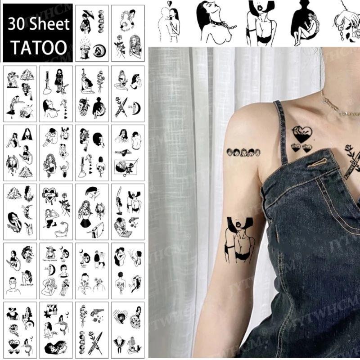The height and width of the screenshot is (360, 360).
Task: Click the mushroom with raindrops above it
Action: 85,49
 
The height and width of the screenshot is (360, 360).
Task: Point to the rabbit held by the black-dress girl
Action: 66,86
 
